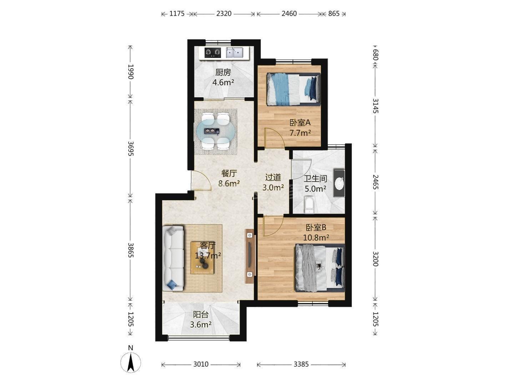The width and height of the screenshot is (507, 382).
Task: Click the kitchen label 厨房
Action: [223, 72]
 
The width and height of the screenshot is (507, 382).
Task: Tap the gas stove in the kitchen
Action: [51, 53]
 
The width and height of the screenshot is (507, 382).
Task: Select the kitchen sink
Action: [234, 53]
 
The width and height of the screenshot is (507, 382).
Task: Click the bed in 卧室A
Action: [293, 89]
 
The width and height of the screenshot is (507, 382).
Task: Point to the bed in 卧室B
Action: [320, 268]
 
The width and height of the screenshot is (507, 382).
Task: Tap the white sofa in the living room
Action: [173, 258]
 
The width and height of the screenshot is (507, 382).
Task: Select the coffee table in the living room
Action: [203, 258]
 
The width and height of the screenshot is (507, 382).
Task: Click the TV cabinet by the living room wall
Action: [250, 256]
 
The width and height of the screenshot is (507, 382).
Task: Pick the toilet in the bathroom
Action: [309, 205]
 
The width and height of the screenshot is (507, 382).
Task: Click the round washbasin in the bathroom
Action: [339, 184]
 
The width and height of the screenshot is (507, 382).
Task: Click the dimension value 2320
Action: [224, 14]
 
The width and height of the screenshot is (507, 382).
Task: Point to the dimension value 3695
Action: [131, 148]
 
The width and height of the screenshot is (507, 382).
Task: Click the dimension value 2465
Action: [375, 182]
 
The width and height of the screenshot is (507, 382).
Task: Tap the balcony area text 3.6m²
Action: [201, 325]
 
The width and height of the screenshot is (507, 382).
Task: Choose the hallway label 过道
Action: [273, 177]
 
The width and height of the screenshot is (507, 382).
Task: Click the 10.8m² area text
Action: [316, 237]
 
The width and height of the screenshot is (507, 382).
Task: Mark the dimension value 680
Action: [375, 54]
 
